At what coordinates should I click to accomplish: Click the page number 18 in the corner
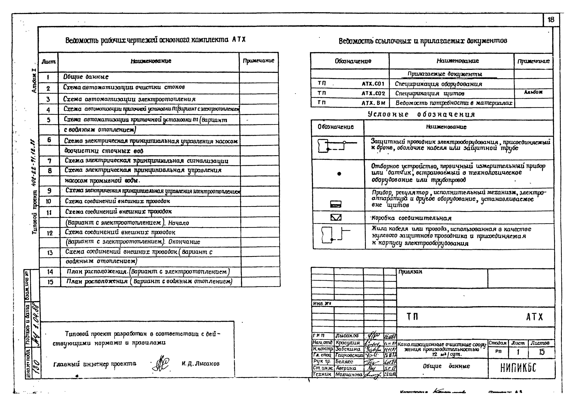coord(551,20)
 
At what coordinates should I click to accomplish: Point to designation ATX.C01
coord(373,84)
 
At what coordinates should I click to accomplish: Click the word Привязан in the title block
coord(410,272)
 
